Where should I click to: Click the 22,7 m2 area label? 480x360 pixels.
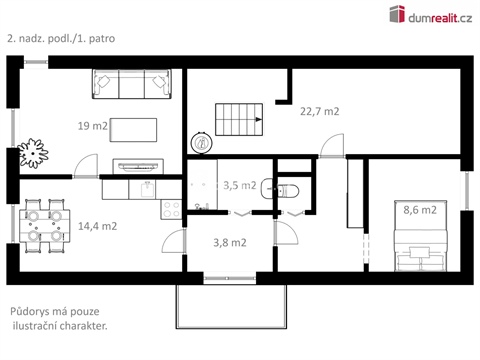320,112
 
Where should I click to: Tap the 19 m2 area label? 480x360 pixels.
93,126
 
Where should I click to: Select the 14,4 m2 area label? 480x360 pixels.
97,226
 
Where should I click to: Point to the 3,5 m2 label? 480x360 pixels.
239,185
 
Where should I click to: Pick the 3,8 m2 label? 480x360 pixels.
230,241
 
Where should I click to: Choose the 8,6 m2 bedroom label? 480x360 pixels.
419,210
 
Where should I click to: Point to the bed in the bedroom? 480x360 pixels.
414,239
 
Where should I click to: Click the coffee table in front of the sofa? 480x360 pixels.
134,129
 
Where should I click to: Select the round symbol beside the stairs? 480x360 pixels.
203,143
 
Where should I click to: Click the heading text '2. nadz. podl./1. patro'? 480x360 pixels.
62,39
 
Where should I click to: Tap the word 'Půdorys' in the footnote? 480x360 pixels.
32,311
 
